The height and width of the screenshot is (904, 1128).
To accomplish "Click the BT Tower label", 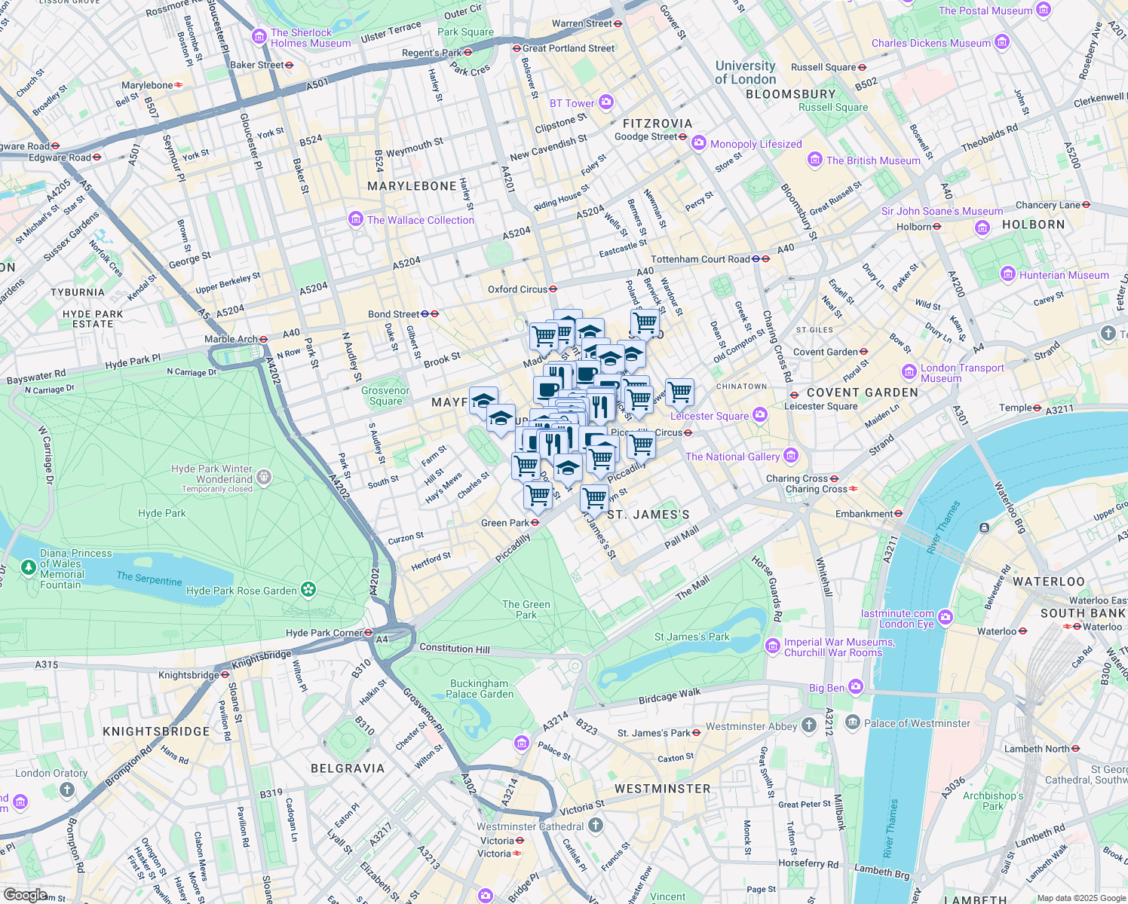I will tap(572, 103).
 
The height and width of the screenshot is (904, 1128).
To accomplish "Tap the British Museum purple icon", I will tap(814, 160).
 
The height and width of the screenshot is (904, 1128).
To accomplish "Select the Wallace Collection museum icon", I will tap(355, 219).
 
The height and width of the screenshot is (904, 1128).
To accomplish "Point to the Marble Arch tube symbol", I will tap(263, 339).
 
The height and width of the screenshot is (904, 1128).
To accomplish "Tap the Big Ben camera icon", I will tap(855, 686).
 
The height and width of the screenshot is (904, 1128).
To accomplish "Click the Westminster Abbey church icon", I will tap(809, 725).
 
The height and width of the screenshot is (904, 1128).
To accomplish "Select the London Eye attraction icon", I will tap(946, 618).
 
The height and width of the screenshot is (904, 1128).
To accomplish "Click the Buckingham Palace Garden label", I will tap(480, 689).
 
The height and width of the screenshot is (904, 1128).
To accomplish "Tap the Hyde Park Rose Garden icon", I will tap(308, 590).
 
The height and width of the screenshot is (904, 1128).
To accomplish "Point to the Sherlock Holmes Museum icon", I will tap(259, 37).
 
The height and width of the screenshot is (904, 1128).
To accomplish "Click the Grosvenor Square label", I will tap(385, 395).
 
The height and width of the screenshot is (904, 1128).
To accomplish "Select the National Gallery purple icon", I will tap(790, 455).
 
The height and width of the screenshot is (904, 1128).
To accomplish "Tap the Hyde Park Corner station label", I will tap(324, 633).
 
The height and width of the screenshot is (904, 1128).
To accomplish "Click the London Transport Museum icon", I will tap(909, 372).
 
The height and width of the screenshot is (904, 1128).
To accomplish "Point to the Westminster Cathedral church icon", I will tap(596, 826).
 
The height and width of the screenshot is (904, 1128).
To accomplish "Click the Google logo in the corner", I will tap(25, 894).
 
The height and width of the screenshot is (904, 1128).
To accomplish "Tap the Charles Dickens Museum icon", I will tap(1002, 42).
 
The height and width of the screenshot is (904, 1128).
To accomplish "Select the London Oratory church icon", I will tap(67, 789).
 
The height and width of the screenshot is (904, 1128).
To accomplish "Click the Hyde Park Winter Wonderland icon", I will tap(263, 477).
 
